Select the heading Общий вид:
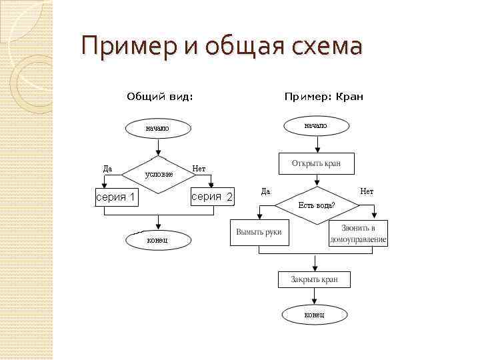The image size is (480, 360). (160, 97)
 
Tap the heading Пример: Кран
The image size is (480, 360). (324, 97)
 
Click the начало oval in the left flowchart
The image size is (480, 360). (158, 128)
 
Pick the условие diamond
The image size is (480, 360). (159, 174)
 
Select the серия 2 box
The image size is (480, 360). (213, 197)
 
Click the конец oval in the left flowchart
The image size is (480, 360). (157, 240)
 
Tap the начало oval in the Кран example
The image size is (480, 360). (316, 125)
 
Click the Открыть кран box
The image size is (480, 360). (316, 163)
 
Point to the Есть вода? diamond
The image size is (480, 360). (317, 205)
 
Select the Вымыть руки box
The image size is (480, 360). (259, 232)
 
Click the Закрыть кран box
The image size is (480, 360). (314, 279)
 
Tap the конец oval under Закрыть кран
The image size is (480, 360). (314, 314)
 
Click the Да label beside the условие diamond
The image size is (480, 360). (107, 168)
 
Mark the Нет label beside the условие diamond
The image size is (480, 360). (199, 169)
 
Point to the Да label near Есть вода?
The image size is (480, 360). (265, 192)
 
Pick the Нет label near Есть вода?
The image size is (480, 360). (367, 191)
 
